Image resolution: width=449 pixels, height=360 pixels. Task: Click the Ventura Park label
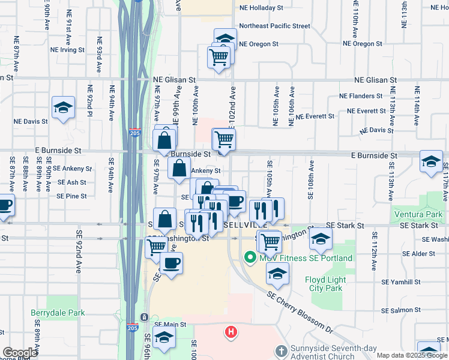coord(418,214)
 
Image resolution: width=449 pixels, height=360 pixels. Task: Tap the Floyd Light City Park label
coord(325,284)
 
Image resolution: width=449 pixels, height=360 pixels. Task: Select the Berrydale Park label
coord(58,313)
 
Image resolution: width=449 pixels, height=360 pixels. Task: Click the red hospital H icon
coord(230,331)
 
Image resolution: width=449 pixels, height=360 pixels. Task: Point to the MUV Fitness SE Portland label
coord(305,258)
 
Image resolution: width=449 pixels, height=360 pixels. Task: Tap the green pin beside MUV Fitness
coord(250,258)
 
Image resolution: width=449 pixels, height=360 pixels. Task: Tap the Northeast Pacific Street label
coord(274,26)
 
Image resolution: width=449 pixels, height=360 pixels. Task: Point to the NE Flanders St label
coord(361,95)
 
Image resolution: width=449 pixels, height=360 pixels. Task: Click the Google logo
coord(20,353)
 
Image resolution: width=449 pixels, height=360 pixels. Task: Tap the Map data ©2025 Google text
coord(411,355)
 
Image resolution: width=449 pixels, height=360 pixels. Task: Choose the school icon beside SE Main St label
coord(164,339)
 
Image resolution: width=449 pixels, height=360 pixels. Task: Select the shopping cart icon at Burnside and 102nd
coord(224,140)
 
